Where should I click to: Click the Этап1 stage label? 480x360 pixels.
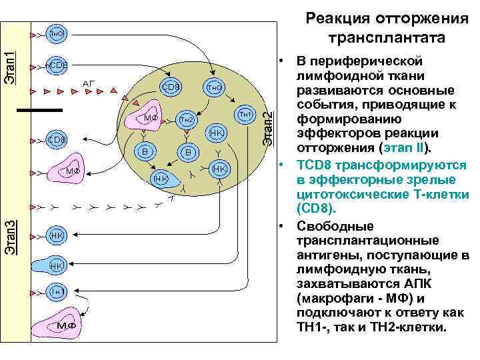pos(10,66)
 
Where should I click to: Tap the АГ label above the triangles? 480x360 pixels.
pos(89,83)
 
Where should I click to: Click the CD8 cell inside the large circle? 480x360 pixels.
pos(171,86)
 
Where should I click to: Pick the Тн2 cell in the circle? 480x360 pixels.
pos(186,119)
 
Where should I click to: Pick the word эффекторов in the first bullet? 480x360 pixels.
pos(331,134)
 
